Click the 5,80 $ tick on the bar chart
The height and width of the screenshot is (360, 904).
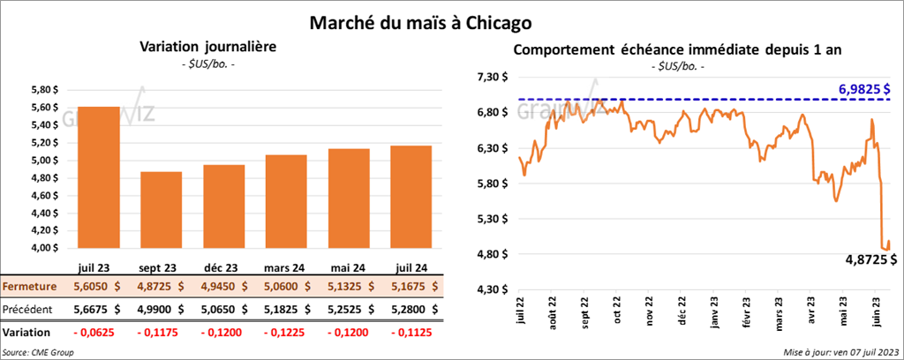[41, 90]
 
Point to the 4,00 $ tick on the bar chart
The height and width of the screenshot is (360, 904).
[41, 248]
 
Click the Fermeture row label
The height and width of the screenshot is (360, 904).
[28, 287]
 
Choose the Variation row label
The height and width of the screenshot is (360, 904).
[26, 333]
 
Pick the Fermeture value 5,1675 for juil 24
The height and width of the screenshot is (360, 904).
[415, 287]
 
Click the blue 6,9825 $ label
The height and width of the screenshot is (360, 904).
[863, 89]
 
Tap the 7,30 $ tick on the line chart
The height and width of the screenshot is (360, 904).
[493, 78]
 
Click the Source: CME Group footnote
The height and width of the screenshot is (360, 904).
[38, 352]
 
